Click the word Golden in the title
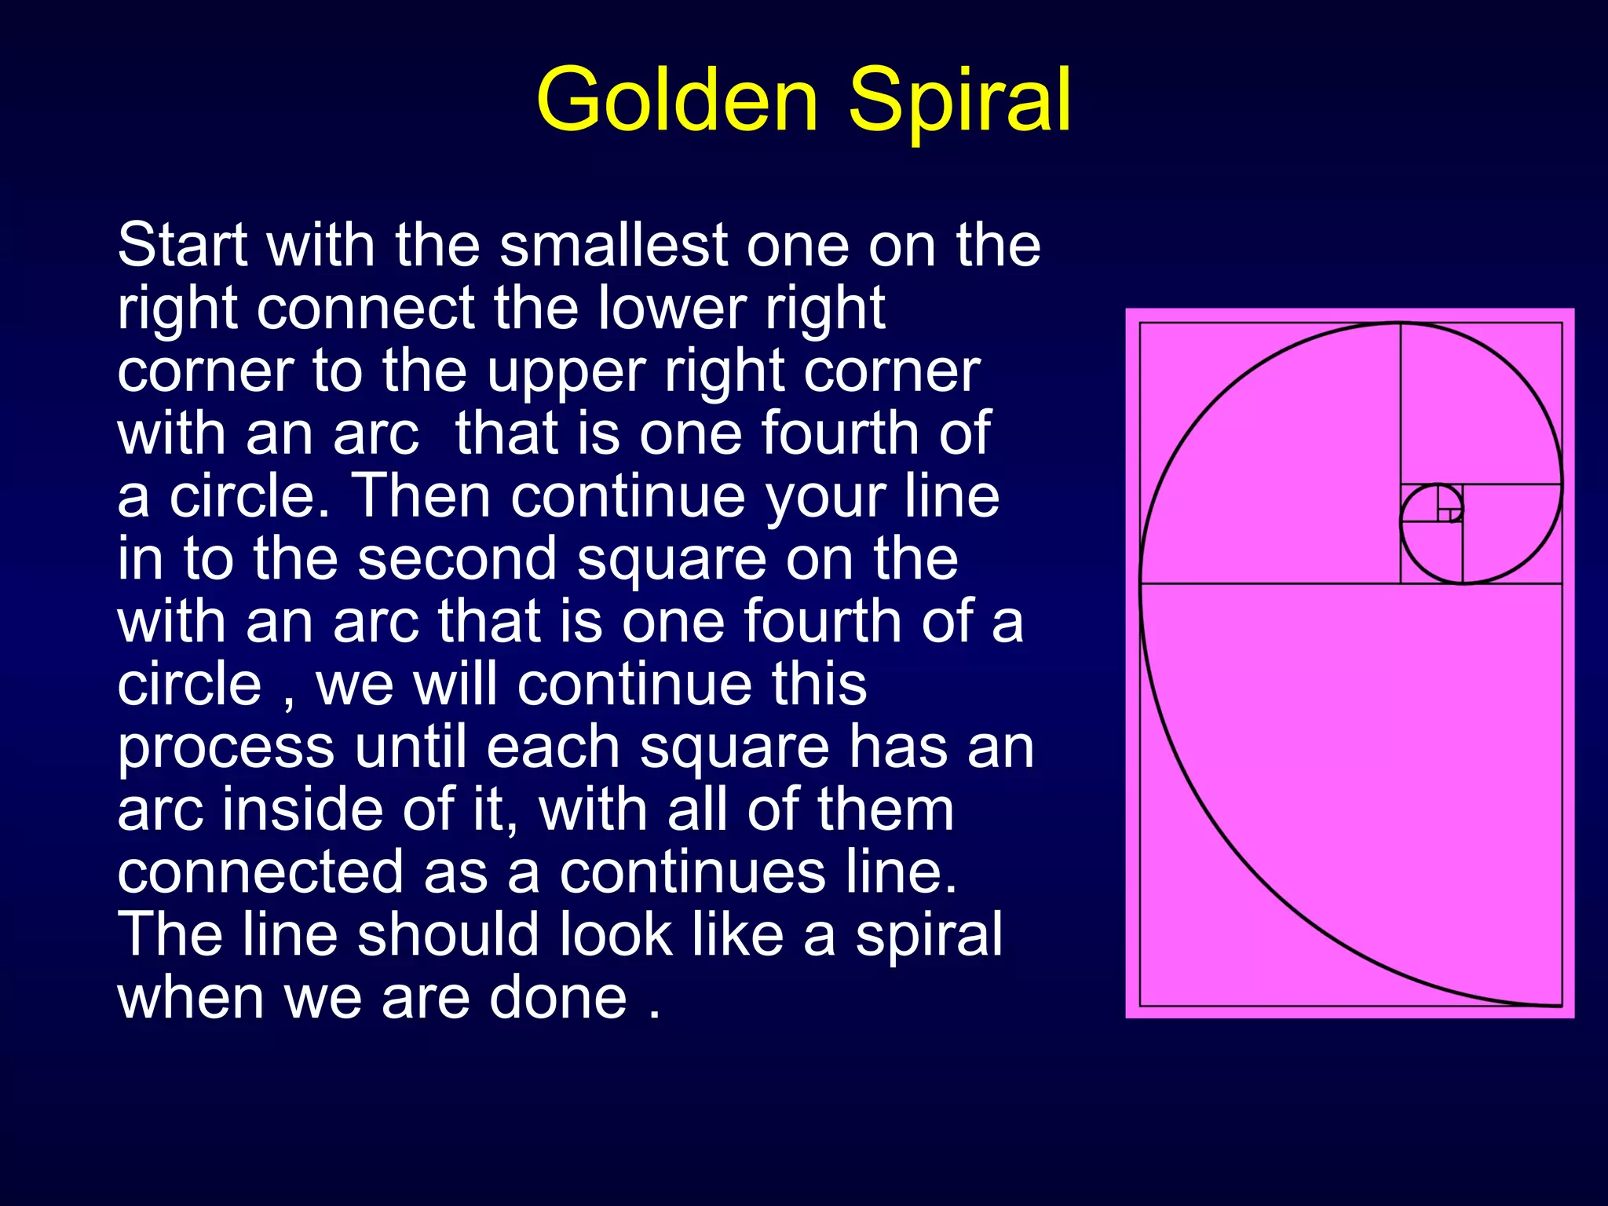[678, 100]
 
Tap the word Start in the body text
[183, 245]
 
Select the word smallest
[614, 245]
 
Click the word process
[225, 749]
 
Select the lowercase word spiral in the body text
[928, 936]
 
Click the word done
[558, 997]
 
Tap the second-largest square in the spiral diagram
[1270, 453]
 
